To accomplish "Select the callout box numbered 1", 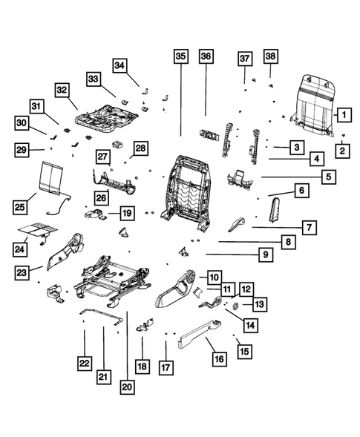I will (x=343, y=114).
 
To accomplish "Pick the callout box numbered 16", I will (x=219, y=359).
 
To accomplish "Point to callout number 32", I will (x=62, y=91).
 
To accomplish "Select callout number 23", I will (x=24, y=274).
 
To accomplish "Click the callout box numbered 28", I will (x=140, y=149).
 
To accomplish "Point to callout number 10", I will (x=214, y=276).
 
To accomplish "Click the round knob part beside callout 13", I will (x=235, y=304).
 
